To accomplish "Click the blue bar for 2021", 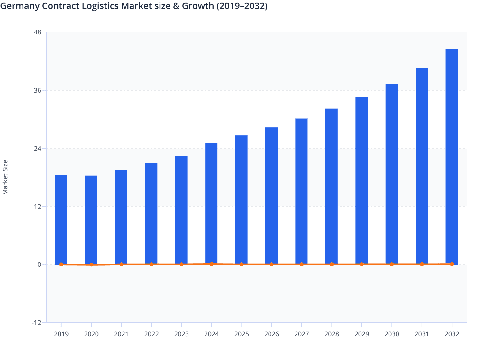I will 121,217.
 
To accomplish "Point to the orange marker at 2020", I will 91,265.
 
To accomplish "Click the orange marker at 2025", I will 242,264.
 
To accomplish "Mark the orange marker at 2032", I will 452,264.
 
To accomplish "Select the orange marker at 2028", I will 332,264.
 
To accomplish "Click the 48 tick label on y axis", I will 37,32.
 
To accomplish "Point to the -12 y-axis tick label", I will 36,323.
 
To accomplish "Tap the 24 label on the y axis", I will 37,148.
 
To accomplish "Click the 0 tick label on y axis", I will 39,265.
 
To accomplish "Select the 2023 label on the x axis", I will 181,334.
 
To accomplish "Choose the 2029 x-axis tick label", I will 361,334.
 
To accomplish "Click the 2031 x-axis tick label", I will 422,334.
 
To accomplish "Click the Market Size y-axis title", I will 5,177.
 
